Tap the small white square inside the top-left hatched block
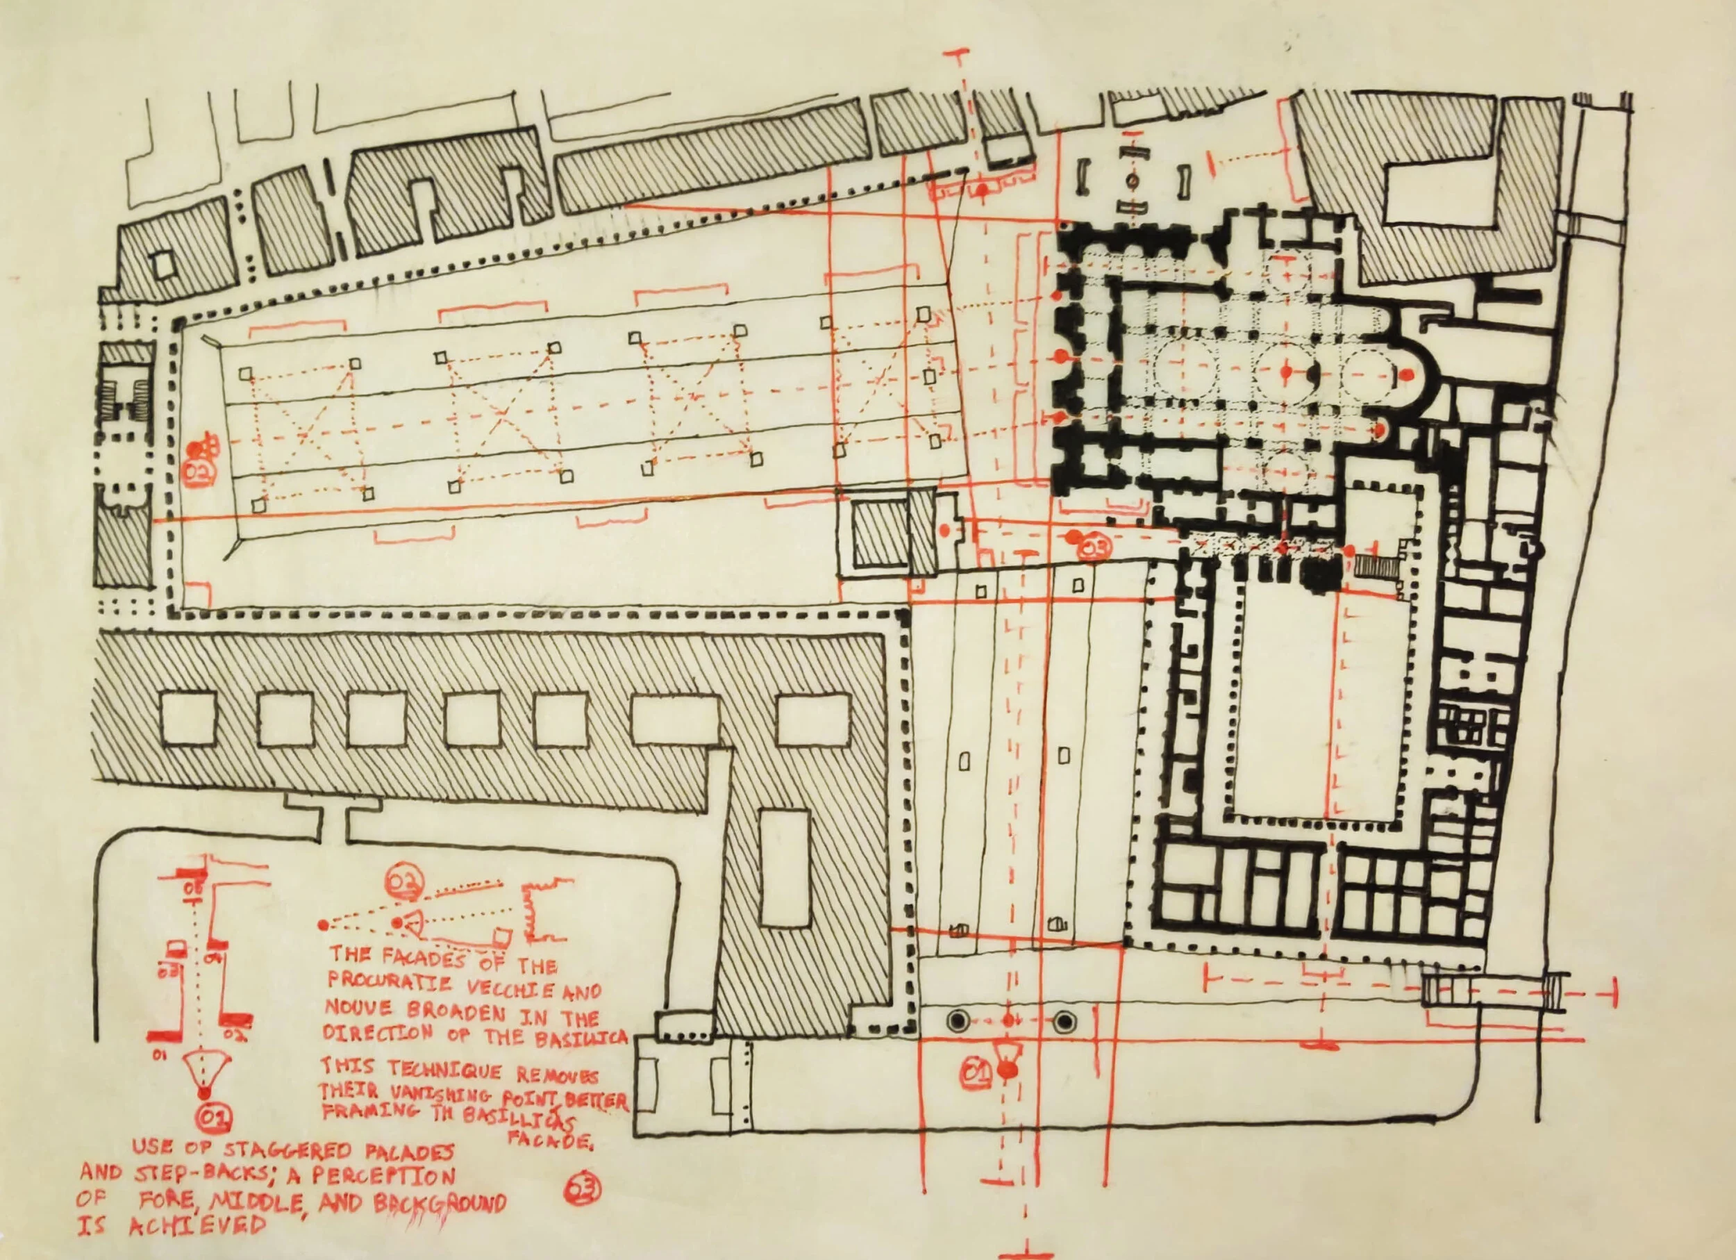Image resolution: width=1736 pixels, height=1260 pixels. tap(163, 265)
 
